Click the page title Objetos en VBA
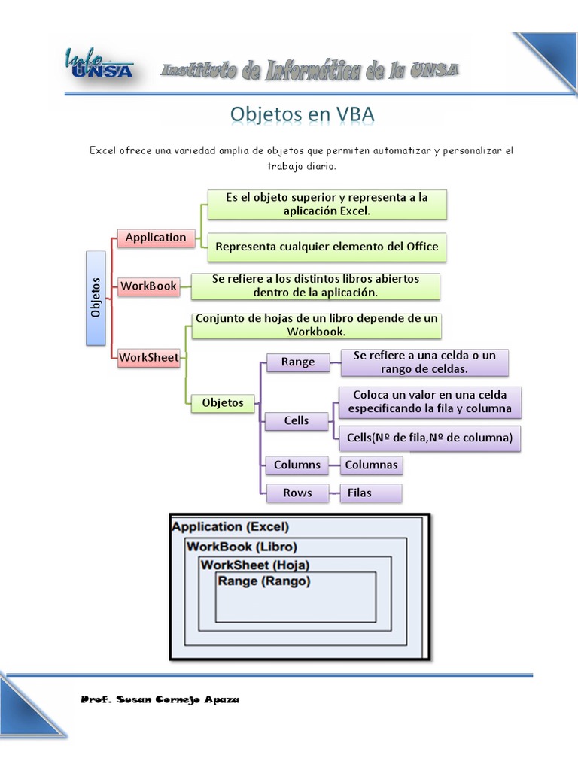[x=302, y=114]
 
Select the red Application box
[x=156, y=238]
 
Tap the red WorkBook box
[x=149, y=286]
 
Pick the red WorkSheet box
[x=149, y=358]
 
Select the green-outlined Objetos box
[x=223, y=403]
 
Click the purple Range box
[x=298, y=362]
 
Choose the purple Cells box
[x=297, y=421]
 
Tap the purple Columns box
[x=297, y=465]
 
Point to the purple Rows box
[x=297, y=493]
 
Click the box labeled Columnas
[x=371, y=465]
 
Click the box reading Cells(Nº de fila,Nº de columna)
[x=430, y=438]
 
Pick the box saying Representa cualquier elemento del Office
[x=327, y=247]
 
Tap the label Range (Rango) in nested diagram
[x=264, y=581]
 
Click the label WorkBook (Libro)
[x=242, y=547]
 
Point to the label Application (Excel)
[x=230, y=527]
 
